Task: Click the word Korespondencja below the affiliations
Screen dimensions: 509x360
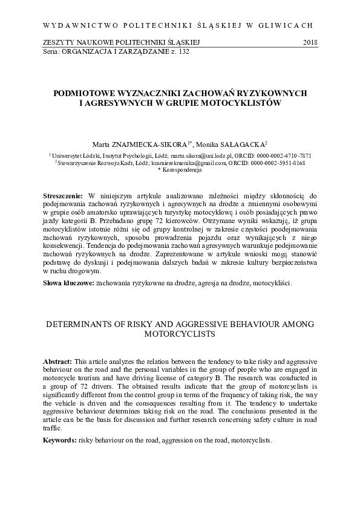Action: click(x=182, y=170)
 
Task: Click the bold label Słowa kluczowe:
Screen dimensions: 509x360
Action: click(x=69, y=282)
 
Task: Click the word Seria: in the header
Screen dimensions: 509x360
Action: click(x=53, y=53)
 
